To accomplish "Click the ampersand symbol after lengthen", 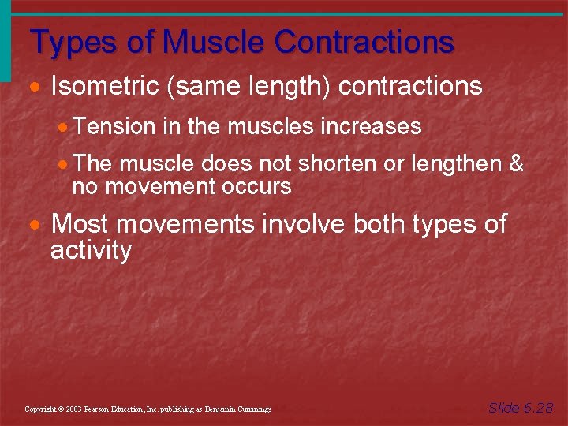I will [517, 164].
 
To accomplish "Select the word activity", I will [91, 251].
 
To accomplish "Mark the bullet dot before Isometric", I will [37, 88].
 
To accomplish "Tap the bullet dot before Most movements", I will [37, 226].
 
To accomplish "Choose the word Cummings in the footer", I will [252, 409].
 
